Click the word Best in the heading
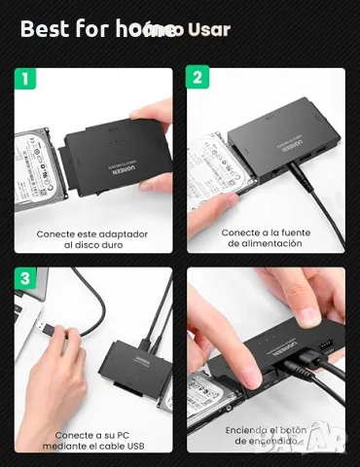point(45,28)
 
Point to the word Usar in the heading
point(208,29)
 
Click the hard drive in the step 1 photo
point(39,165)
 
